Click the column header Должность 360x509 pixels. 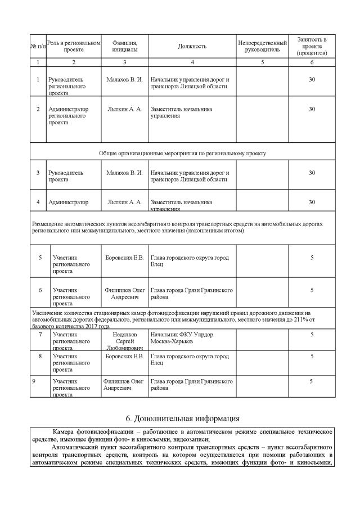[x=192, y=46]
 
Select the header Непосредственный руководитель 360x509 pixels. [x=262, y=46]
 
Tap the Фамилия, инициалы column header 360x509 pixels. [x=124, y=46]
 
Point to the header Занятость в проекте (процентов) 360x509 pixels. [x=312, y=46]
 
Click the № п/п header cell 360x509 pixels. [x=38, y=46]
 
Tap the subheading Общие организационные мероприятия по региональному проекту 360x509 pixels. [x=182, y=152]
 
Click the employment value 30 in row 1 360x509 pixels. [x=312, y=79]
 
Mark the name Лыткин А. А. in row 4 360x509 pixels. [x=124, y=202]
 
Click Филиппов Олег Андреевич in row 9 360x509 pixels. [x=124, y=385]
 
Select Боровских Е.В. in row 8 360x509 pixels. [x=124, y=356]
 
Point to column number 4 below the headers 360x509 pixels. [x=192, y=62]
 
